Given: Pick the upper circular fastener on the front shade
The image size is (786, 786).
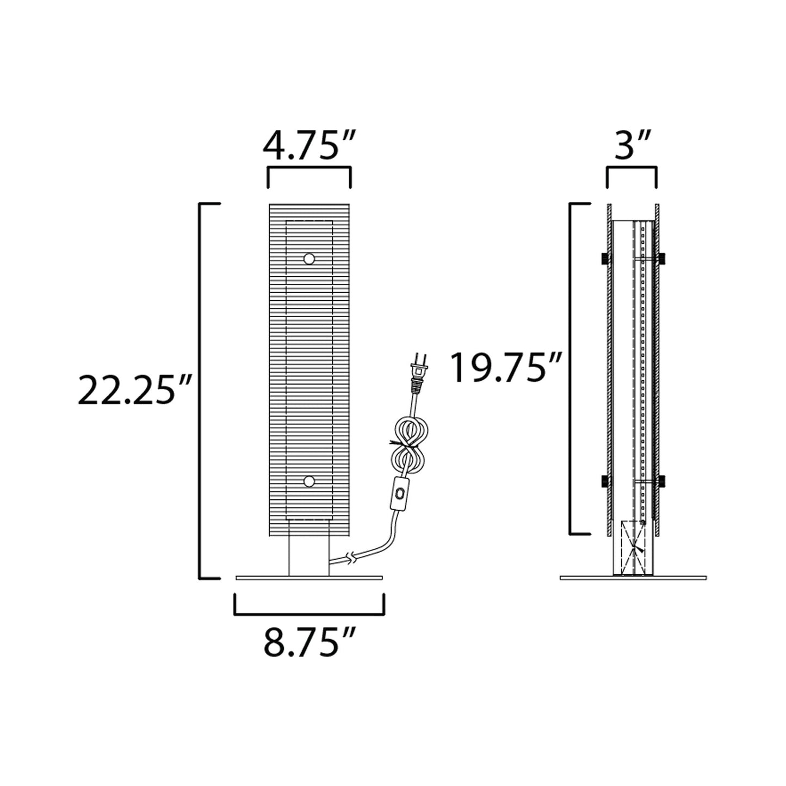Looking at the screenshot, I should point(309,259).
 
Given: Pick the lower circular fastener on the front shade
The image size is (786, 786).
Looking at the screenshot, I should point(309,481).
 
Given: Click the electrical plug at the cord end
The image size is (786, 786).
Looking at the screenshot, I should point(419,372).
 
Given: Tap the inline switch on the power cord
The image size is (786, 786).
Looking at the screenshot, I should point(401,494).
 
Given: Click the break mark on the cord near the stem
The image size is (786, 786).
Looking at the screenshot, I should point(352,557).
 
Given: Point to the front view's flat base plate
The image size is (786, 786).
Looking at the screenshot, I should point(309,578).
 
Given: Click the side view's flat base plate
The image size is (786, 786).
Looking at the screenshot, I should point(633,578).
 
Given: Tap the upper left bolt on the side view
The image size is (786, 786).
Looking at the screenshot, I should point(604,259).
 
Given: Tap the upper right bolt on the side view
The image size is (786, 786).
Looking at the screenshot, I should point(661,259).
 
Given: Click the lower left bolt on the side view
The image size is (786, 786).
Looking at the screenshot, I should point(604,481).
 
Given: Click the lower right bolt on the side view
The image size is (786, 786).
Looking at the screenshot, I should point(661,481).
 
